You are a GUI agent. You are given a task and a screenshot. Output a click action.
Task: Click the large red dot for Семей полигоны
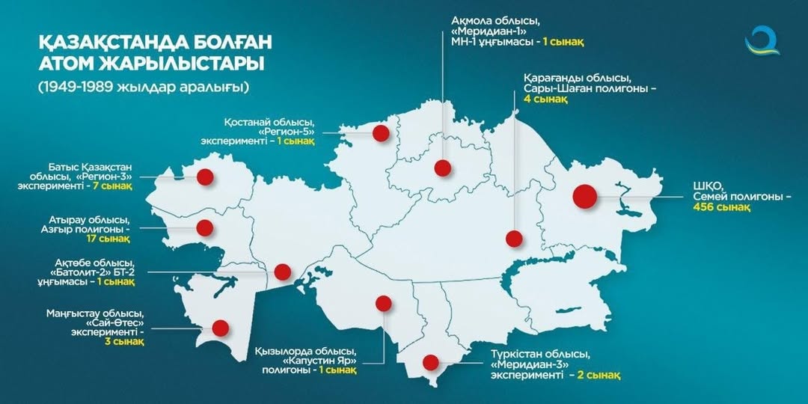click(x=584, y=197)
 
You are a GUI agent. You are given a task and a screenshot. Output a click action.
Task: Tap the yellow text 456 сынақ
click(x=721, y=207)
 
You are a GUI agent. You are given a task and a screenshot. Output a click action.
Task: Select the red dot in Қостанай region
click(x=381, y=133)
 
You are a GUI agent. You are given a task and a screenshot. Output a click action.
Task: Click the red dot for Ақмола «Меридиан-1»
click(x=443, y=168)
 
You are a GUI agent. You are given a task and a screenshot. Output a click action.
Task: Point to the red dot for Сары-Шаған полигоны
click(x=513, y=239)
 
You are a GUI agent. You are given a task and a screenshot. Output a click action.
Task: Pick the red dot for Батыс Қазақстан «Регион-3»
click(x=205, y=177)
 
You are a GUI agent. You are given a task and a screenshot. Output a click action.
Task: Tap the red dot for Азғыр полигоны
click(x=204, y=227)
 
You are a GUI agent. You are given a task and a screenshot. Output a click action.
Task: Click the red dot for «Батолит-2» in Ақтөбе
click(x=282, y=272)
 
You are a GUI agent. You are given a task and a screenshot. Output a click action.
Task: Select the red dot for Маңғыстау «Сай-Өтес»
click(x=220, y=328)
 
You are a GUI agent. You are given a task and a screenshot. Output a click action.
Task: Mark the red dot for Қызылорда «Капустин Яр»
click(x=384, y=303)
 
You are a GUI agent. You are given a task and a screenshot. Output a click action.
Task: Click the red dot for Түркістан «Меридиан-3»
click(x=430, y=362)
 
